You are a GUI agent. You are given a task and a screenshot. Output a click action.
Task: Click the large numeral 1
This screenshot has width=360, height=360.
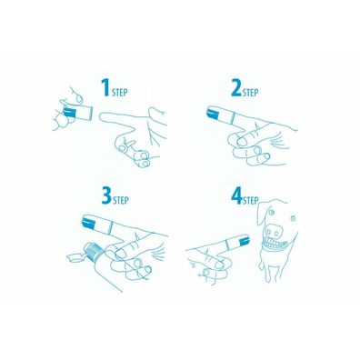point(105,87)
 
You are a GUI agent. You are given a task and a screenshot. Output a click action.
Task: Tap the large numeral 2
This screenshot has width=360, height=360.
point(236,87)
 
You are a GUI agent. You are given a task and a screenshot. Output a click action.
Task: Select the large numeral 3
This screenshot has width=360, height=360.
point(107,196)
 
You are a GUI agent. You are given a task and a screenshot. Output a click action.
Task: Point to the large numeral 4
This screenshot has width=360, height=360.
point(236,195)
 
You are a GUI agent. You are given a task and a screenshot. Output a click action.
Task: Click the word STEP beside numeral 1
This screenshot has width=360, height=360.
point(119,93)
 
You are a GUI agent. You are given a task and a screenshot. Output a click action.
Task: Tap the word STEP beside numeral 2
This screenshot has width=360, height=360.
point(250,93)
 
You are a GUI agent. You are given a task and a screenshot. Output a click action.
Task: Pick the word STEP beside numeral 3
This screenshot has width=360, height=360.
point(121,201)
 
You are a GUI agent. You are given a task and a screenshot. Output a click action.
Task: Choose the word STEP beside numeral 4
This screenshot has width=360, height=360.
point(251,201)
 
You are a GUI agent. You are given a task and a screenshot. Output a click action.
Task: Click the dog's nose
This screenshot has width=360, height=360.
point(275,232)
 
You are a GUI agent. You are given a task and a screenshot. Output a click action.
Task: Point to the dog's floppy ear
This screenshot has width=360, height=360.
point(262,214)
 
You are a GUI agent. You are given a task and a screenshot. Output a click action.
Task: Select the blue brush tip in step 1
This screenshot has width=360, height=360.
point(70,112)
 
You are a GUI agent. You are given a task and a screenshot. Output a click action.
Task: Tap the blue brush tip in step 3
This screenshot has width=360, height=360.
point(90,222)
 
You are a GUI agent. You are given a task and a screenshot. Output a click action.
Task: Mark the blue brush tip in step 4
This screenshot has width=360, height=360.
point(244,241)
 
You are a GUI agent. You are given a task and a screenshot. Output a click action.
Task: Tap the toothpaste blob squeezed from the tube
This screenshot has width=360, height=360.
point(74,258)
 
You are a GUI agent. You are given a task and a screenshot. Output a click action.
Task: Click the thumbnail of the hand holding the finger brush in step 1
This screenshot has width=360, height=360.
point(79,97)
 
